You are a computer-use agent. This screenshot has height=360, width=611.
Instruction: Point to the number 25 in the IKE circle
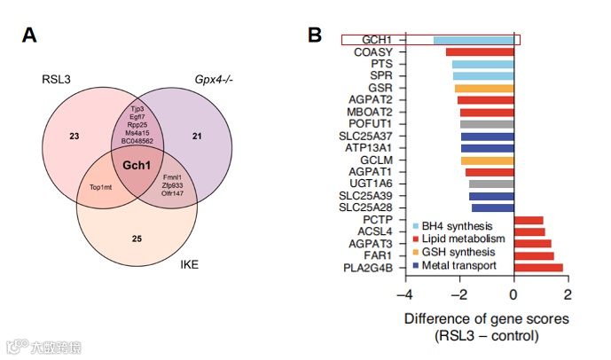tap(137, 239)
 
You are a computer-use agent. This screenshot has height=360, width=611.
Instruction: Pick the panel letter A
tap(29, 35)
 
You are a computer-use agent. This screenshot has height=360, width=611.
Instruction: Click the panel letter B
tap(315, 35)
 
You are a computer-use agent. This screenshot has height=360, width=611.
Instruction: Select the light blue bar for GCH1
tap(474, 40)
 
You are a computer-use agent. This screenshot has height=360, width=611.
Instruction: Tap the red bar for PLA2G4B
tap(538, 267)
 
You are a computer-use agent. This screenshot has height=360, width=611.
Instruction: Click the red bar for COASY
tap(480, 52)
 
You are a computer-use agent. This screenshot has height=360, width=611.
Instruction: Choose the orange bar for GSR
tap(484, 88)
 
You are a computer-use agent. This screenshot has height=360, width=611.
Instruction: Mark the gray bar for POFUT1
tap(487, 124)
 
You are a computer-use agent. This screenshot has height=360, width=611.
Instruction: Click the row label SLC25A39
tap(378, 195)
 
